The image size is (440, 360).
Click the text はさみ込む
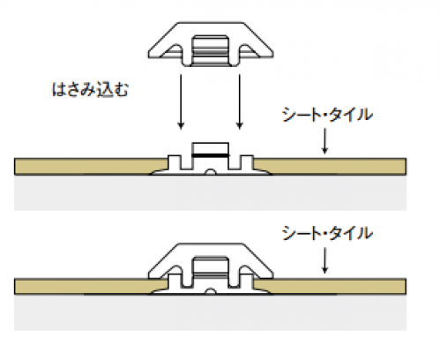pos(90,89)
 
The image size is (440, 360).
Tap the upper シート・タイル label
pos(327,115)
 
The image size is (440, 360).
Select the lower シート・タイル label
pos(327,234)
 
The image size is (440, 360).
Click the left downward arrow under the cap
pos(181,101)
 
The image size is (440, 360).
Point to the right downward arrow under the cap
pos(240,101)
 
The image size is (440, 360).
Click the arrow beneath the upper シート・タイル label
pos(324,140)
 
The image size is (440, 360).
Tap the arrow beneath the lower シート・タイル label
pos(324,260)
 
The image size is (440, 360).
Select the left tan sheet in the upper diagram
pos(88,167)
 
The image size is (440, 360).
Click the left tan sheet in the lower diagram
pos(88,287)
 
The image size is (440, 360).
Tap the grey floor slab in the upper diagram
pos(210,192)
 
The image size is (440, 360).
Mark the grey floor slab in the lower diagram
pos(210,312)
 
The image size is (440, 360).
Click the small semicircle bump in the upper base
pos(210,172)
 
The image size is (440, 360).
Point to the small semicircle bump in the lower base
pos(210,292)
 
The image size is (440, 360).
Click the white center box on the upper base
pos(210,148)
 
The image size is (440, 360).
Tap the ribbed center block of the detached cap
pos(210,50)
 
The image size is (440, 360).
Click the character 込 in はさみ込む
pos(105,90)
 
